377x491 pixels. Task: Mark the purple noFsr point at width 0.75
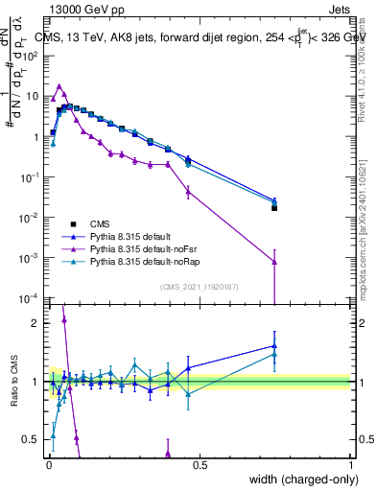274,262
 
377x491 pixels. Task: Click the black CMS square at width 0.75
274,207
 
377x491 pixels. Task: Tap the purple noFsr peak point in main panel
59,86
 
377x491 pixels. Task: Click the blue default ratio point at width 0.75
274,346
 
